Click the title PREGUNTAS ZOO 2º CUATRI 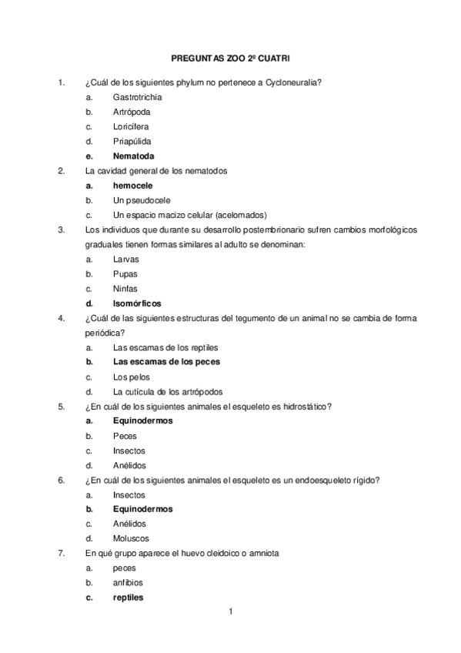click(x=229, y=57)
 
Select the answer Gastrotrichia click(x=137, y=98)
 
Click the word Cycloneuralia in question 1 click(x=293, y=82)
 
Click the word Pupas click(x=125, y=273)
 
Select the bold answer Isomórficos click(x=142, y=303)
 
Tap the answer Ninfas click(x=125, y=289)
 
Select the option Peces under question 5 click(x=125, y=436)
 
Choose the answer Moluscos click(x=131, y=538)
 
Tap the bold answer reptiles click(x=128, y=598)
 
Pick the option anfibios click(x=128, y=582)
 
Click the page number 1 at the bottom click(x=229, y=612)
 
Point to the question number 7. click(x=61, y=553)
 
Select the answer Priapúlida click(x=132, y=142)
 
